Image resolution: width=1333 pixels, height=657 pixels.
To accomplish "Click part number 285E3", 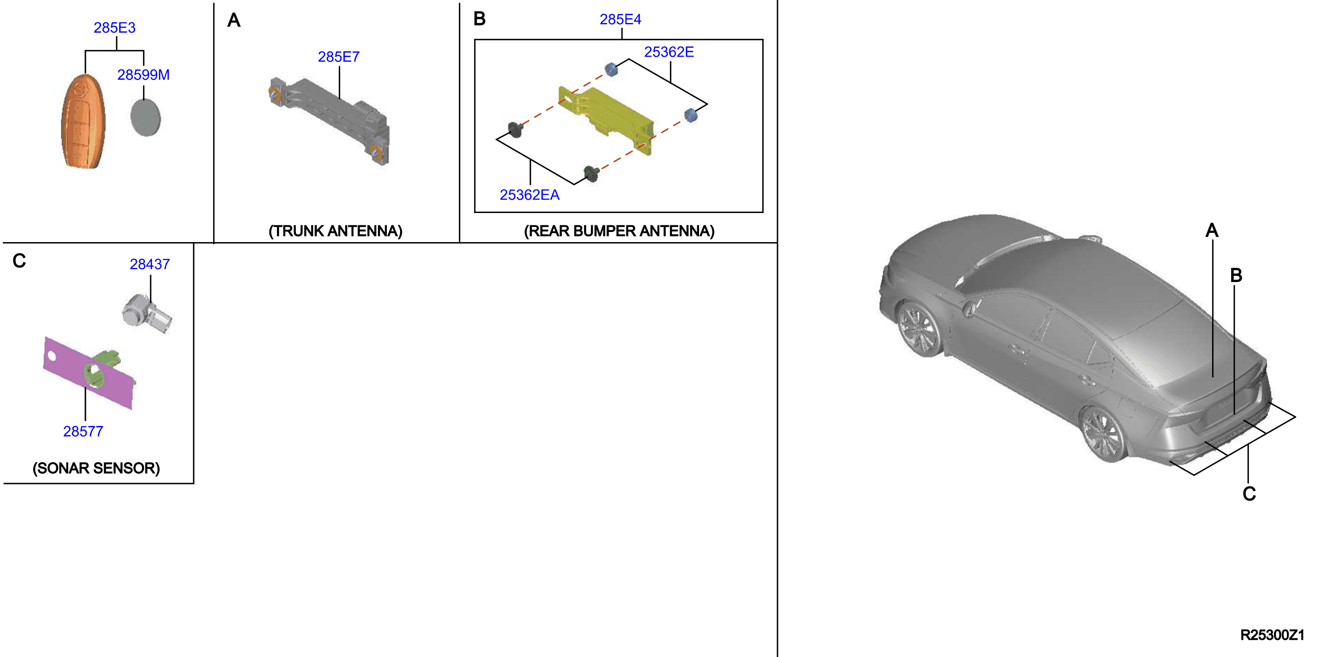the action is [114, 27].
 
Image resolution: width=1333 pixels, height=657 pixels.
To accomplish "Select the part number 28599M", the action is [144, 75].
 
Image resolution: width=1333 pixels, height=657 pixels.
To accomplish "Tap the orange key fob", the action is [83, 122].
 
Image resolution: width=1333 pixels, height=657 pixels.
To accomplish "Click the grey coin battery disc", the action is [145, 117].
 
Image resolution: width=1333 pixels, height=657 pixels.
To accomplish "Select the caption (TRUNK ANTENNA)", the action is [335, 231].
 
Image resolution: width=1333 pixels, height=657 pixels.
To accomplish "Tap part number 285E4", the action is [621, 19].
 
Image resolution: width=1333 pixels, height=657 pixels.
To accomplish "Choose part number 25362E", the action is [668, 52].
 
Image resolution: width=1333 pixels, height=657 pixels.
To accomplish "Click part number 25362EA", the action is [529, 195].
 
